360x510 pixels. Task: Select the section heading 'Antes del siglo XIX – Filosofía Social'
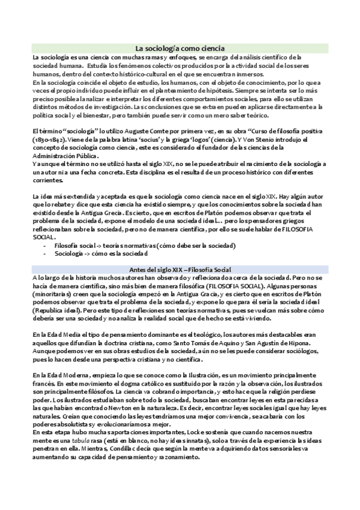click(180, 269)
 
